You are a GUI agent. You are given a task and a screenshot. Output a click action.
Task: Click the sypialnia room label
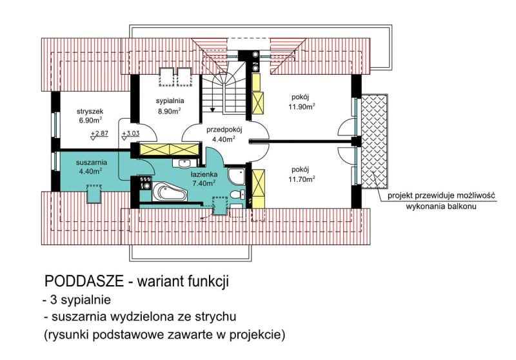[170, 101]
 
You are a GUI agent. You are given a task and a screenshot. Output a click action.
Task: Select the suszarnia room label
[92, 162]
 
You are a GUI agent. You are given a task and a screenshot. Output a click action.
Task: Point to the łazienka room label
[204, 174]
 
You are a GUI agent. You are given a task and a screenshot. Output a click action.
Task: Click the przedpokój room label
[224, 130]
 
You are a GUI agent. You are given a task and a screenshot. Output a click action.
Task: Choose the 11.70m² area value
[302, 179]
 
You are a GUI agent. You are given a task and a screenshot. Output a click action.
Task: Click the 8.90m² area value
[169, 110]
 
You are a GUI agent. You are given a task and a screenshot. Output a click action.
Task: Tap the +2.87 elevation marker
[99, 135]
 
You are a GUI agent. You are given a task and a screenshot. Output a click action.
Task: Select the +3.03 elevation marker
[131, 135]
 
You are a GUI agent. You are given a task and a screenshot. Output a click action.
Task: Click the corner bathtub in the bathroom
[169, 192]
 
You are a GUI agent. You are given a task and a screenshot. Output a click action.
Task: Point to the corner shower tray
[236, 176]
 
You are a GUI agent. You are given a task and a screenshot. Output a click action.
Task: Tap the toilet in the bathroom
[237, 194]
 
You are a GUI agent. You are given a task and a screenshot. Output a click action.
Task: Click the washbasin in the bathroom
[184, 163]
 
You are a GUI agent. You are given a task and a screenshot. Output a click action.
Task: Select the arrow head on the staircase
[213, 109]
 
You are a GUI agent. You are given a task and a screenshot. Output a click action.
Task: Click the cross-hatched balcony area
[374, 141]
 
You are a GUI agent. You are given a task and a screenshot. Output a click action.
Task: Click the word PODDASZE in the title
[84, 281]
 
